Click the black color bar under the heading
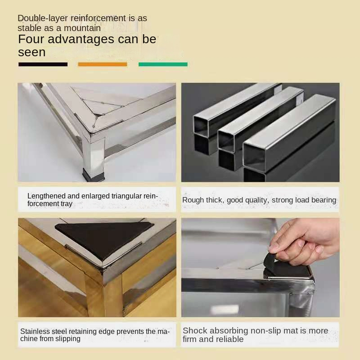(43, 64)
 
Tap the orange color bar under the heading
(103, 64)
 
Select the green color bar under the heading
(163, 64)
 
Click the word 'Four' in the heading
(31, 39)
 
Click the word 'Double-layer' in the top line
(43, 18)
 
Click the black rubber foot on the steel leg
(93, 175)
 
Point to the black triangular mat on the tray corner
(104, 239)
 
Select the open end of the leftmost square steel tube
(201, 126)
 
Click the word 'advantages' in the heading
(81, 40)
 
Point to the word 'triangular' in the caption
(126, 196)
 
